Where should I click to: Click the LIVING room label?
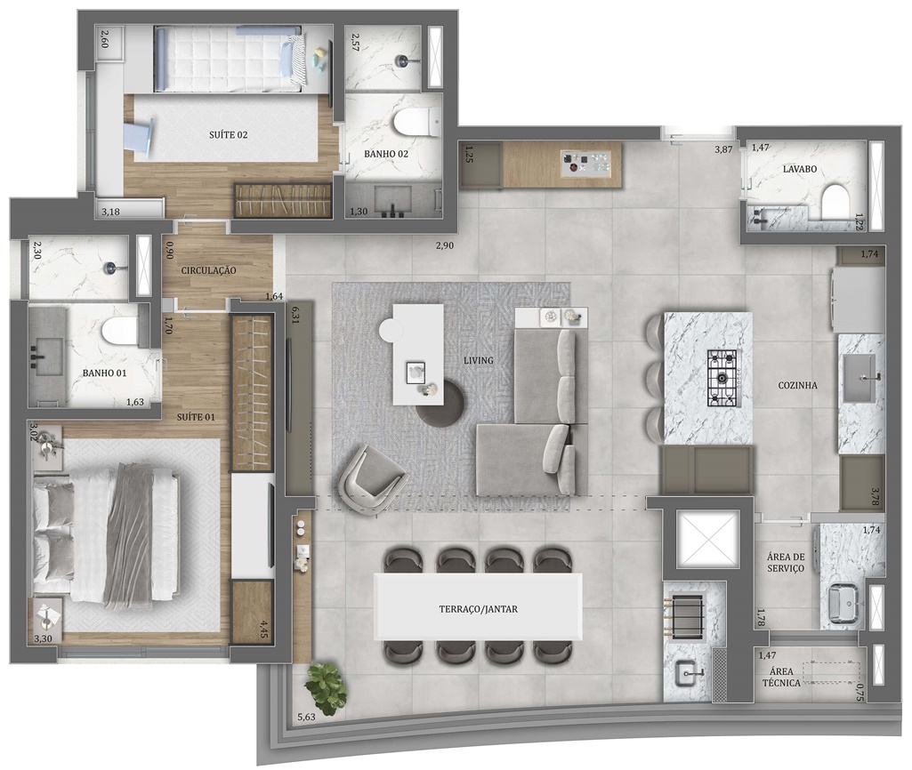[478, 360]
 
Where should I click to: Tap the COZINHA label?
[797, 385]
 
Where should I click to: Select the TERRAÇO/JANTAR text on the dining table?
[478, 609]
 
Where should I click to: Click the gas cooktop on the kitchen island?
[722, 378]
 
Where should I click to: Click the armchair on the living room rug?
[370, 477]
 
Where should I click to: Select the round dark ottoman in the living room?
[440, 404]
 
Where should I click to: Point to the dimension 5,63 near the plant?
[306, 717]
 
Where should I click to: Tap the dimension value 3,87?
[723, 149]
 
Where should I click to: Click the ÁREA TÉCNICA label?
[781, 677]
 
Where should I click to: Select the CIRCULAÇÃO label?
[208, 270]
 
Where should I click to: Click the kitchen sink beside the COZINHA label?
[860, 378]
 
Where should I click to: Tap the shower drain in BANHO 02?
[402, 60]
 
